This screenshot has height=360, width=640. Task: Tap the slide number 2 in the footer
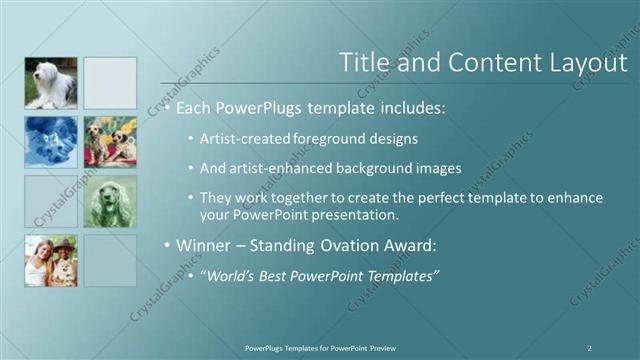pyautogui.click(x=589, y=347)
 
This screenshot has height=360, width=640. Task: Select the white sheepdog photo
pyautogui.click(x=50, y=83)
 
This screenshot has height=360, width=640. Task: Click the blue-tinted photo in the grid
pyautogui.click(x=50, y=142)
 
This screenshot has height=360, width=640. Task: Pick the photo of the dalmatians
pyautogui.click(x=110, y=142)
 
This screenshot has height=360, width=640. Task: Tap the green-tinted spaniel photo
pyautogui.click(x=110, y=201)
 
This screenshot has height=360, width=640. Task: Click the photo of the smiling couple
pyautogui.click(x=50, y=260)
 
